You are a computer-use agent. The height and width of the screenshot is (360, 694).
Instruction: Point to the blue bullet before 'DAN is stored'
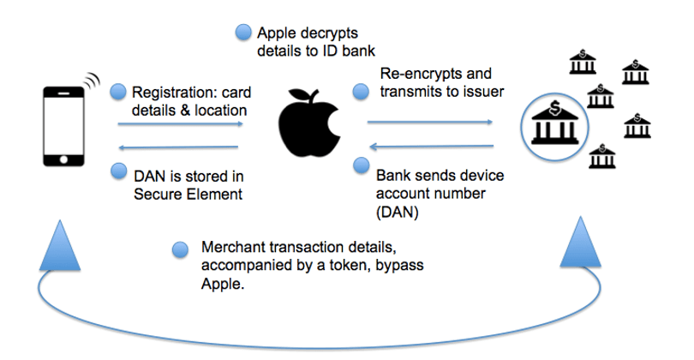pos(117,174)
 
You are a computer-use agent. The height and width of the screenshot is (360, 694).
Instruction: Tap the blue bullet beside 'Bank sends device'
pos(360,165)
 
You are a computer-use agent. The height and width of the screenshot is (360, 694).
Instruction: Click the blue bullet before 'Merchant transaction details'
pos(180,249)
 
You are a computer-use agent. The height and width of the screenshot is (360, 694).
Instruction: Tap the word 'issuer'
pos(482,90)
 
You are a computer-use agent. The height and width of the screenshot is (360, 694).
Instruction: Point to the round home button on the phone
pos(65,160)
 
